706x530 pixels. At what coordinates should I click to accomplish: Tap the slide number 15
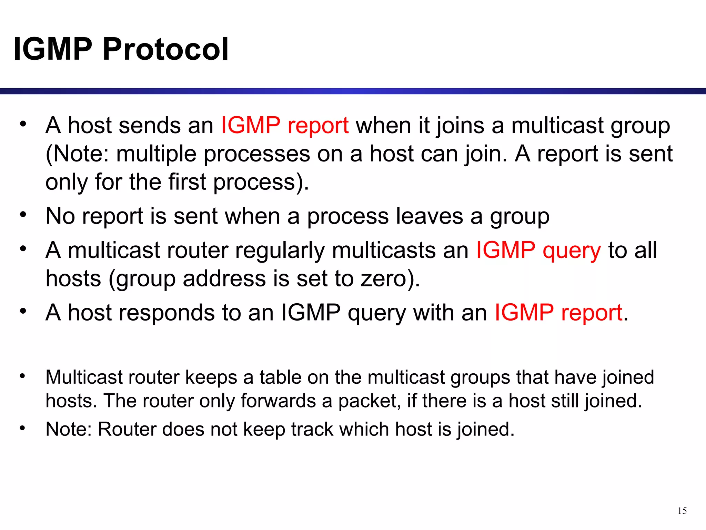(682, 511)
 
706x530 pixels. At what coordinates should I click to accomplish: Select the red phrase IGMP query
(538, 250)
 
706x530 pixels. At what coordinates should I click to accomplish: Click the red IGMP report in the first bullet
(285, 125)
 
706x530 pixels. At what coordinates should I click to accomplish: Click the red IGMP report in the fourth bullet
(558, 313)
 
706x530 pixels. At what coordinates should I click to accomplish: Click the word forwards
(278, 401)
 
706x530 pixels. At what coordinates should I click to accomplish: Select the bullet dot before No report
(23, 214)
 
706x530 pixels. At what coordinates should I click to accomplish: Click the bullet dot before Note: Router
(23, 428)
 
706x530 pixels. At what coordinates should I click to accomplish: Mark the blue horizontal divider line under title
(353, 91)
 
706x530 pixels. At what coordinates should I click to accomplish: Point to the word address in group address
(224, 278)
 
